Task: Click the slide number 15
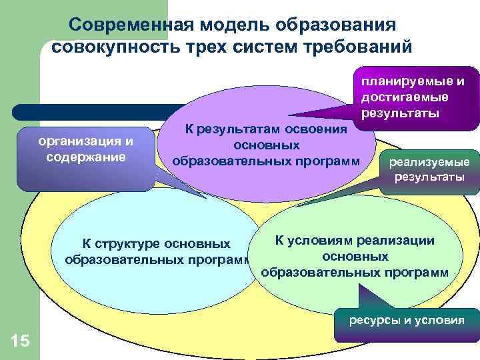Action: coord(20,341)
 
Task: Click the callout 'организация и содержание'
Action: coord(86,149)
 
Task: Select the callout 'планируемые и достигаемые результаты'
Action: coord(412,97)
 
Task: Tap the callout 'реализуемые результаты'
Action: coord(428,169)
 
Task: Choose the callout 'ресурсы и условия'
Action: coord(407,320)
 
